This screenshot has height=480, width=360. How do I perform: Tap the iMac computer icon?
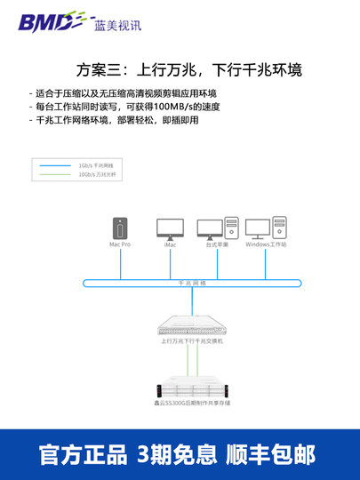click(170, 228)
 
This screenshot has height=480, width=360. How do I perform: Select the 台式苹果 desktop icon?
click(218, 228)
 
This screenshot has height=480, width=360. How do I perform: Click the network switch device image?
click(192, 324)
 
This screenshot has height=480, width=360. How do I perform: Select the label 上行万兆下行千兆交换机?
click(192, 340)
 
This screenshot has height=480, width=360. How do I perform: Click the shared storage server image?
click(192, 388)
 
